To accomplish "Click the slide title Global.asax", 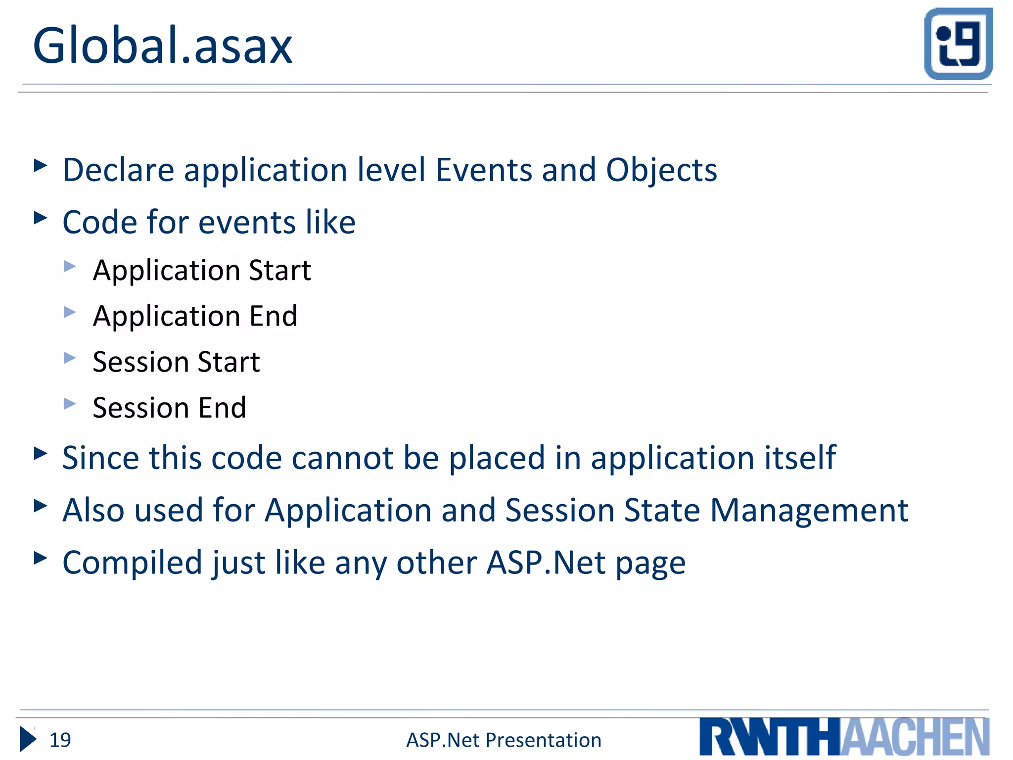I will click(162, 46).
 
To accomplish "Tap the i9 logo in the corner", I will click(958, 44).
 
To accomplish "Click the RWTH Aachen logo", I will click(844, 737).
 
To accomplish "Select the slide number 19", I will click(60, 740).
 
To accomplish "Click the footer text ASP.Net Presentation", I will click(504, 740).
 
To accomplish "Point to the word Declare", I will click(118, 170).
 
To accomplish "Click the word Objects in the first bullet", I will click(661, 171).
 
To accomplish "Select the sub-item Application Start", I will click(202, 270).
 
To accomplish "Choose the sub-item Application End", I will click(195, 316).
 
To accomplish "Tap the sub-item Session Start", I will click(176, 362).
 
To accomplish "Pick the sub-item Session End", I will click(169, 408).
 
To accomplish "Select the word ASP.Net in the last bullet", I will click(546, 563).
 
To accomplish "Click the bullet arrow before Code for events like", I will click(41, 218).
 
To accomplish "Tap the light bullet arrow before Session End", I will click(70, 404).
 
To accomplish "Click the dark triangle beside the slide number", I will click(28, 739).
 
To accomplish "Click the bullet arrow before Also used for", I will click(41, 506).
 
